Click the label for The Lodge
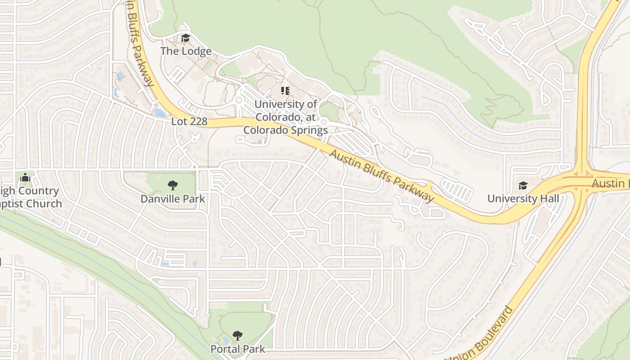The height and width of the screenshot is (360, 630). coord(186,51)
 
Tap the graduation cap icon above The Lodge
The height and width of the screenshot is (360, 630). coord(186,38)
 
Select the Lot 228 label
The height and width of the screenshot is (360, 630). coord(189,121)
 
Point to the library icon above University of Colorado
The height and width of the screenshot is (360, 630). coord(285,91)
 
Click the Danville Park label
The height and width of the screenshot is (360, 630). coord(172,199)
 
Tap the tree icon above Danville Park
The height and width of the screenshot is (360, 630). coord(172,185)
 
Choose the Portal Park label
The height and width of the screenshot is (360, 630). coord(238,349)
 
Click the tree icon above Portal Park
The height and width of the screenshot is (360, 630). coord(238,336)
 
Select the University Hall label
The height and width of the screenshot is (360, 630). coord(523,198)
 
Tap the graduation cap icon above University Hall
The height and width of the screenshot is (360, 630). coord(523,185)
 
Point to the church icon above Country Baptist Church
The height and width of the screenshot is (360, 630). coord(25,178)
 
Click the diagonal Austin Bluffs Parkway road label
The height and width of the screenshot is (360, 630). coord(382,175)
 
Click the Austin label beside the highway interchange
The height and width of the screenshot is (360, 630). coord(610,184)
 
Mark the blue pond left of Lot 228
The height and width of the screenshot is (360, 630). coord(159,112)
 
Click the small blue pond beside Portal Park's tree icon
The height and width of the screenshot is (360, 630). coord(225,341)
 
